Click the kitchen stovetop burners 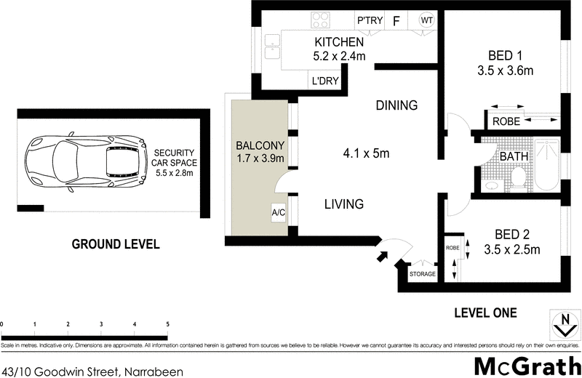pyautogui.click(x=320, y=20)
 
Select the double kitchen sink pyautogui.click(x=273, y=48)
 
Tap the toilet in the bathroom pyautogui.click(x=519, y=177)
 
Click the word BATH pyautogui.click(x=513, y=155)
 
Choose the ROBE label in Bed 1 pyautogui.click(x=506, y=121)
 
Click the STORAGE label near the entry pyautogui.click(x=422, y=274)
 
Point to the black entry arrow pyautogui.click(x=380, y=255)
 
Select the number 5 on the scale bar pyautogui.click(x=167, y=324)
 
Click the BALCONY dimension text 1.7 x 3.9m pyautogui.click(x=260, y=158)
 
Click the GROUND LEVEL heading pyautogui.click(x=114, y=244)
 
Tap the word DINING pyautogui.click(x=396, y=105)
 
